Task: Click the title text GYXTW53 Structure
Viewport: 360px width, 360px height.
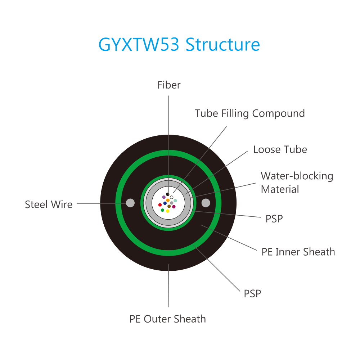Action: [x=179, y=45]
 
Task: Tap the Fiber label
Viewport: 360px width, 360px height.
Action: [x=169, y=85]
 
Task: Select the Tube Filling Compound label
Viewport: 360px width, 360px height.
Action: [x=250, y=113]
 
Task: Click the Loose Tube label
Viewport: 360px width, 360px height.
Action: [x=280, y=149]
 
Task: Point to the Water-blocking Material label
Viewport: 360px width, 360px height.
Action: [x=297, y=183]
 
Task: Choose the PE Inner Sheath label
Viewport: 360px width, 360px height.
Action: [x=298, y=252]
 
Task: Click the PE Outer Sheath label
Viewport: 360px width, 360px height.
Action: [x=168, y=319]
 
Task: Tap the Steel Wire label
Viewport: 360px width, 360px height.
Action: [x=49, y=204]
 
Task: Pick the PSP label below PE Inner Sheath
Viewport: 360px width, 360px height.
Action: [x=253, y=294]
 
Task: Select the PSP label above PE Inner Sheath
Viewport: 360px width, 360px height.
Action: [x=274, y=219]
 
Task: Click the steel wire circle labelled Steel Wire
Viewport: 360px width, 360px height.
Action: [x=130, y=203]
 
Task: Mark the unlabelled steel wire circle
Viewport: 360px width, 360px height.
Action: [x=206, y=203]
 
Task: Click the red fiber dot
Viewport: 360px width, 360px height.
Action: [x=160, y=205]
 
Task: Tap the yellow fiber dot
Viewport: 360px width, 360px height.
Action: [x=168, y=211]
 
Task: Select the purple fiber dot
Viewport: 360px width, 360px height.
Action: [x=164, y=197]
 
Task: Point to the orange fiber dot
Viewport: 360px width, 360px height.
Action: [x=168, y=200]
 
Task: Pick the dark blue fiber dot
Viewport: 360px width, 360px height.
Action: [x=165, y=203]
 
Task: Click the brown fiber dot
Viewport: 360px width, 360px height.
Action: [x=169, y=206]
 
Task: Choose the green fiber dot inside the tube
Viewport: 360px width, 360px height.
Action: [x=163, y=210]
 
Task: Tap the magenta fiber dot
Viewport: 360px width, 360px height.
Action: [x=174, y=207]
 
